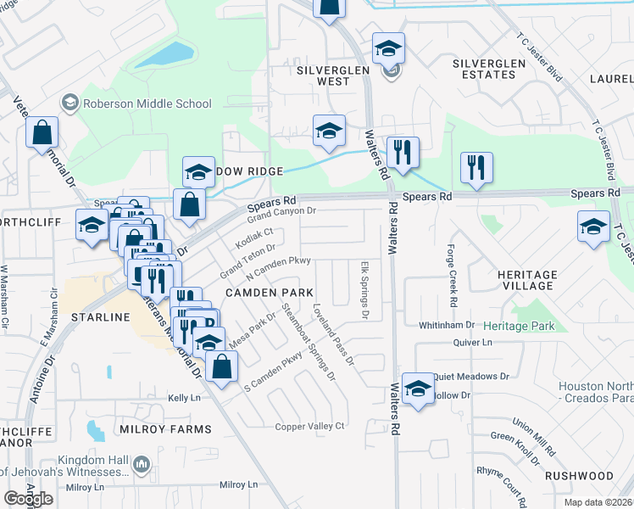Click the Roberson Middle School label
(147, 104)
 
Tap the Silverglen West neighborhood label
(323, 76)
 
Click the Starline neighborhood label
(100, 317)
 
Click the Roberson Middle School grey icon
(70, 103)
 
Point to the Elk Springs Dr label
(365, 290)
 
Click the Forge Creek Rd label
(453, 277)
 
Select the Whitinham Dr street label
(447, 325)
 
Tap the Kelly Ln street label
(184, 397)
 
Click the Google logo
(29, 499)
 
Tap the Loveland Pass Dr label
(332, 336)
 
